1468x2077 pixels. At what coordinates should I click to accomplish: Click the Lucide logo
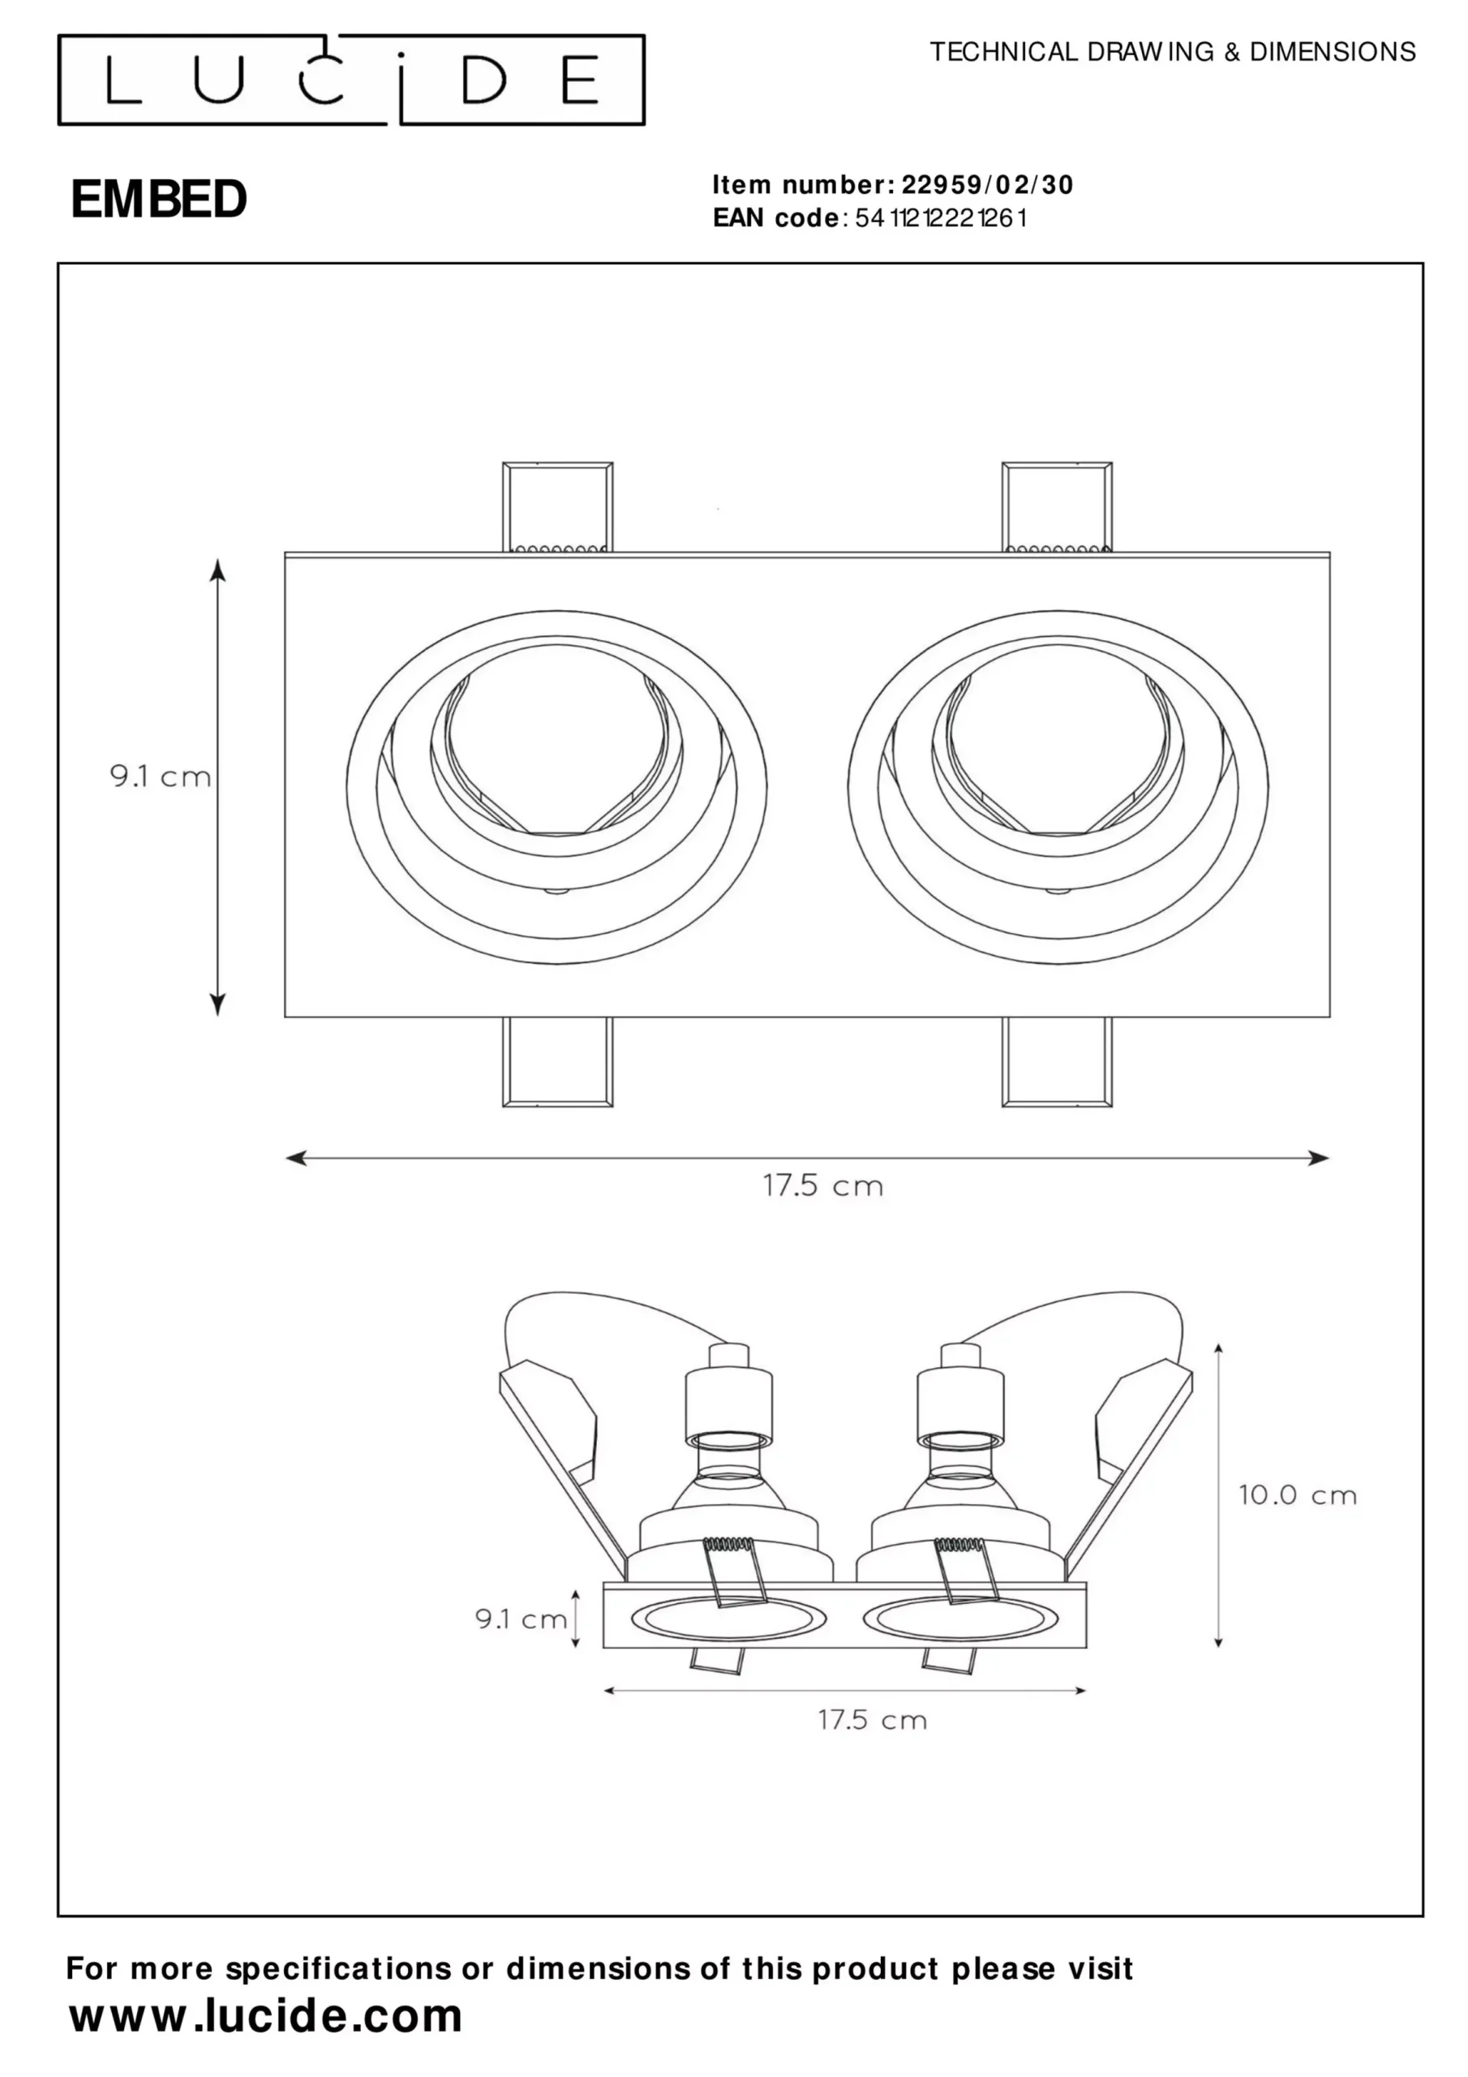(351, 80)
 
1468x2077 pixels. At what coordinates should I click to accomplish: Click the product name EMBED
(158, 199)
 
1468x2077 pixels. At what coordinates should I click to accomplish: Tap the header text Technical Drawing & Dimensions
(1172, 53)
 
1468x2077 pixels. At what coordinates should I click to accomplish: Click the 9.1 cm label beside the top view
(160, 776)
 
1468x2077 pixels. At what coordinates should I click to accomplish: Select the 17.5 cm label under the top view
(823, 1186)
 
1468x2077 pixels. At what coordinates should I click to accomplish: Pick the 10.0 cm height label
(1298, 1495)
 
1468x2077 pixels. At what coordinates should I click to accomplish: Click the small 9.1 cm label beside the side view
(521, 1619)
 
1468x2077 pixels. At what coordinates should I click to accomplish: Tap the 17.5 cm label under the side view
(873, 1720)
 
